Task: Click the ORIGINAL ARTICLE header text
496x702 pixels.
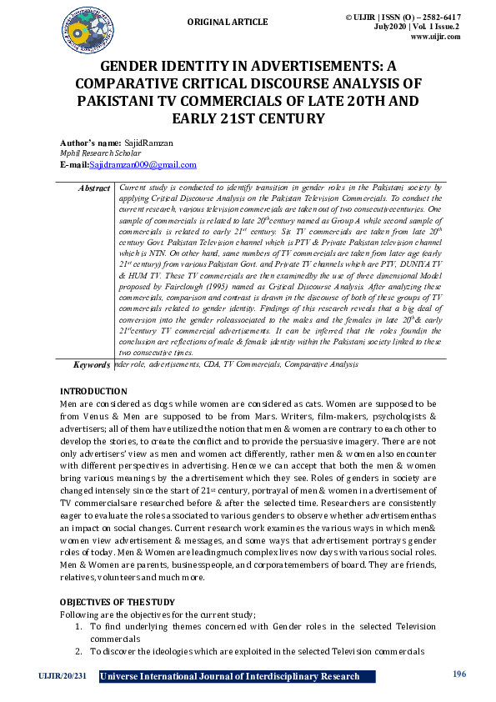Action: pos(228,22)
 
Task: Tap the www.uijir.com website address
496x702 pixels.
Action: pos(435,37)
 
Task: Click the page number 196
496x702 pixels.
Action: pos(458,674)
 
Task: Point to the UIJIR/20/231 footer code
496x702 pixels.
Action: pos(62,676)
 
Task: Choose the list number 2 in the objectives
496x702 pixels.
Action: pos(78,650)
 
